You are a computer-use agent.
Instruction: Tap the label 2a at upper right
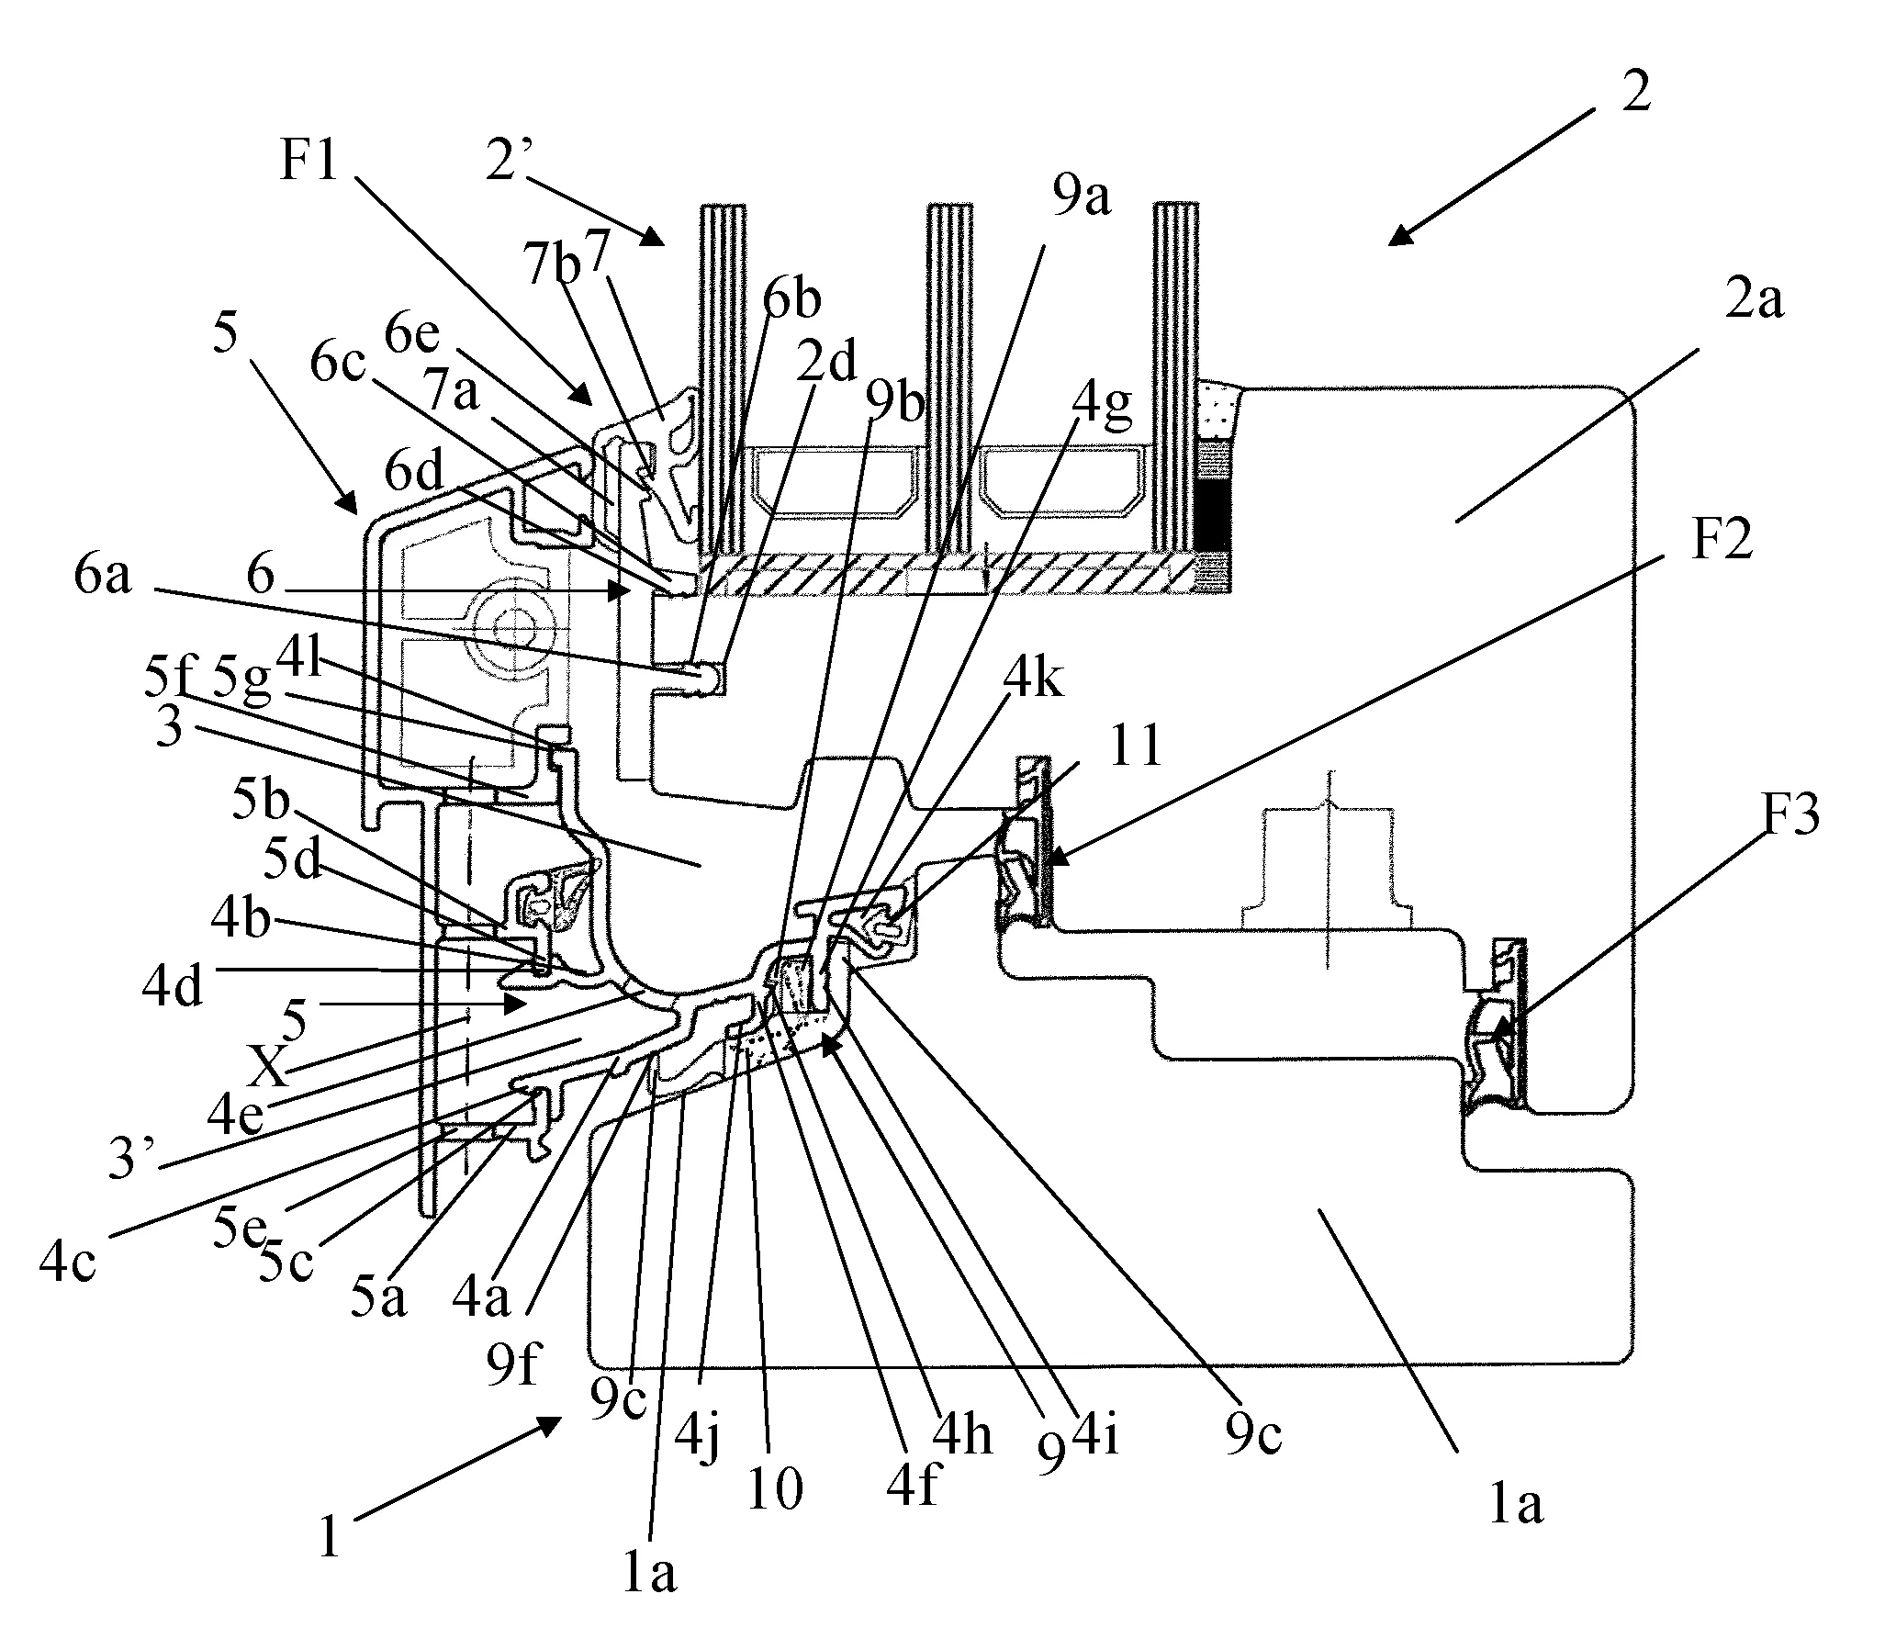click(x=1754, y=300)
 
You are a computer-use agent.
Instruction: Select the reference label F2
click(x=1722, y=540)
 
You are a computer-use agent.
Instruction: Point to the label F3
click(x=1790, y=814)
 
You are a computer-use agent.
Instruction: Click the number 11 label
click(x=1136, y=746)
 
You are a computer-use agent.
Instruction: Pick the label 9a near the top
click(x=1082, y=197)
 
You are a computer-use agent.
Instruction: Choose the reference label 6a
click(x=103, y=576)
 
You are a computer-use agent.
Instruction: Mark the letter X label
click(x=267, y=1068)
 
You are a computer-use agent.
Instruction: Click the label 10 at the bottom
click(x=774, y=1490)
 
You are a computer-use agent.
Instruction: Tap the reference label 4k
click(x=1033, y=680)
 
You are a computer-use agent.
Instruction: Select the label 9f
click(x=512, y=1364)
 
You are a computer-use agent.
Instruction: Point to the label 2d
click(x=826, y=361)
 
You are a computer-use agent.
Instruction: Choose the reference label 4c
click(x=67, y=1262)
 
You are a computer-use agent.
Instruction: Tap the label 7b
click(x=552, y=265)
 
